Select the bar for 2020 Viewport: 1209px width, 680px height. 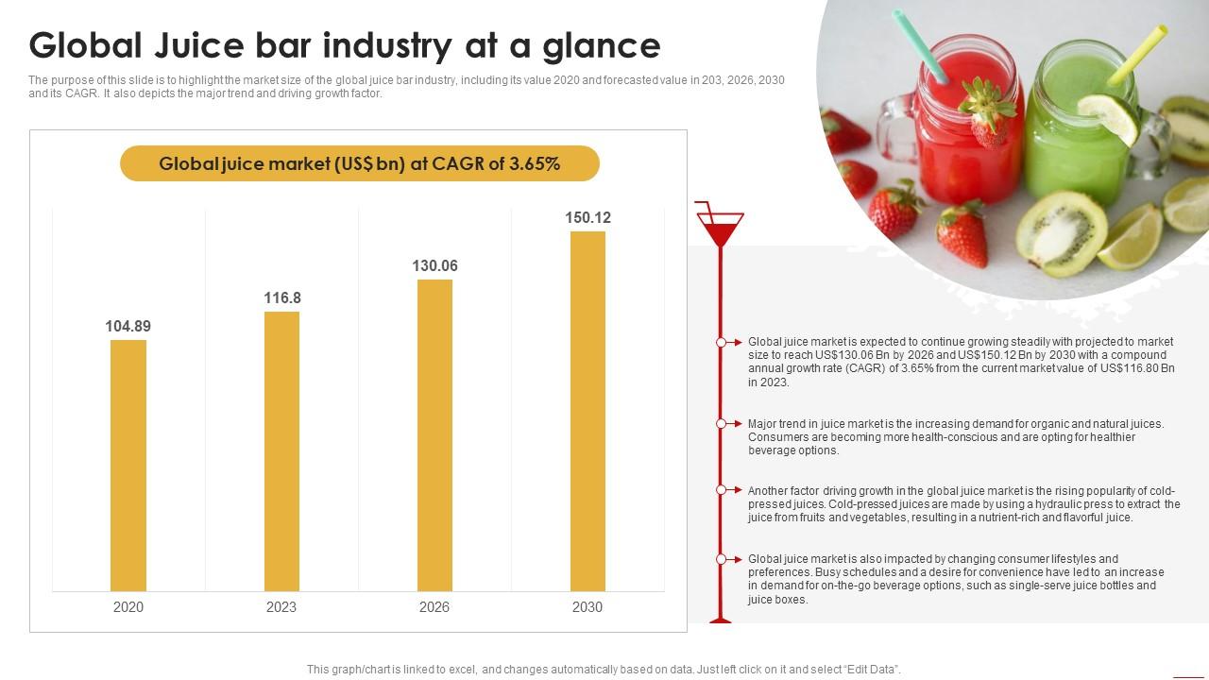click(128, 466)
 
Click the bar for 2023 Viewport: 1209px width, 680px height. click(281, 451)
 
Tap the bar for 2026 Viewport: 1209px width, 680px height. click(434, 435)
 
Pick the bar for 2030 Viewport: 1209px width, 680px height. click(587, 412)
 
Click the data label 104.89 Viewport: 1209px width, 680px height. click(128, 327)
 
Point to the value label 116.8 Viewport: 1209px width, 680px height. click(281, 298)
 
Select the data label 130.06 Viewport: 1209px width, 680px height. click(434, 266)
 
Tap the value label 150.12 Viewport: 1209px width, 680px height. click(587, 218)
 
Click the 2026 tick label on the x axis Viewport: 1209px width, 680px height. click(434, 607)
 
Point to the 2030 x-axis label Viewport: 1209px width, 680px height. click(587, 607)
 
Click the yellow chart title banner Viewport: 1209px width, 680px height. click(360, 163)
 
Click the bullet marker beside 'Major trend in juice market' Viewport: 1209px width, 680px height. click(722, 424)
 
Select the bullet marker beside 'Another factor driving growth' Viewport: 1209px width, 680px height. click(722, 490)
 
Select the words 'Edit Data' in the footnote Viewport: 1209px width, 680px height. click(870, 670)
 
